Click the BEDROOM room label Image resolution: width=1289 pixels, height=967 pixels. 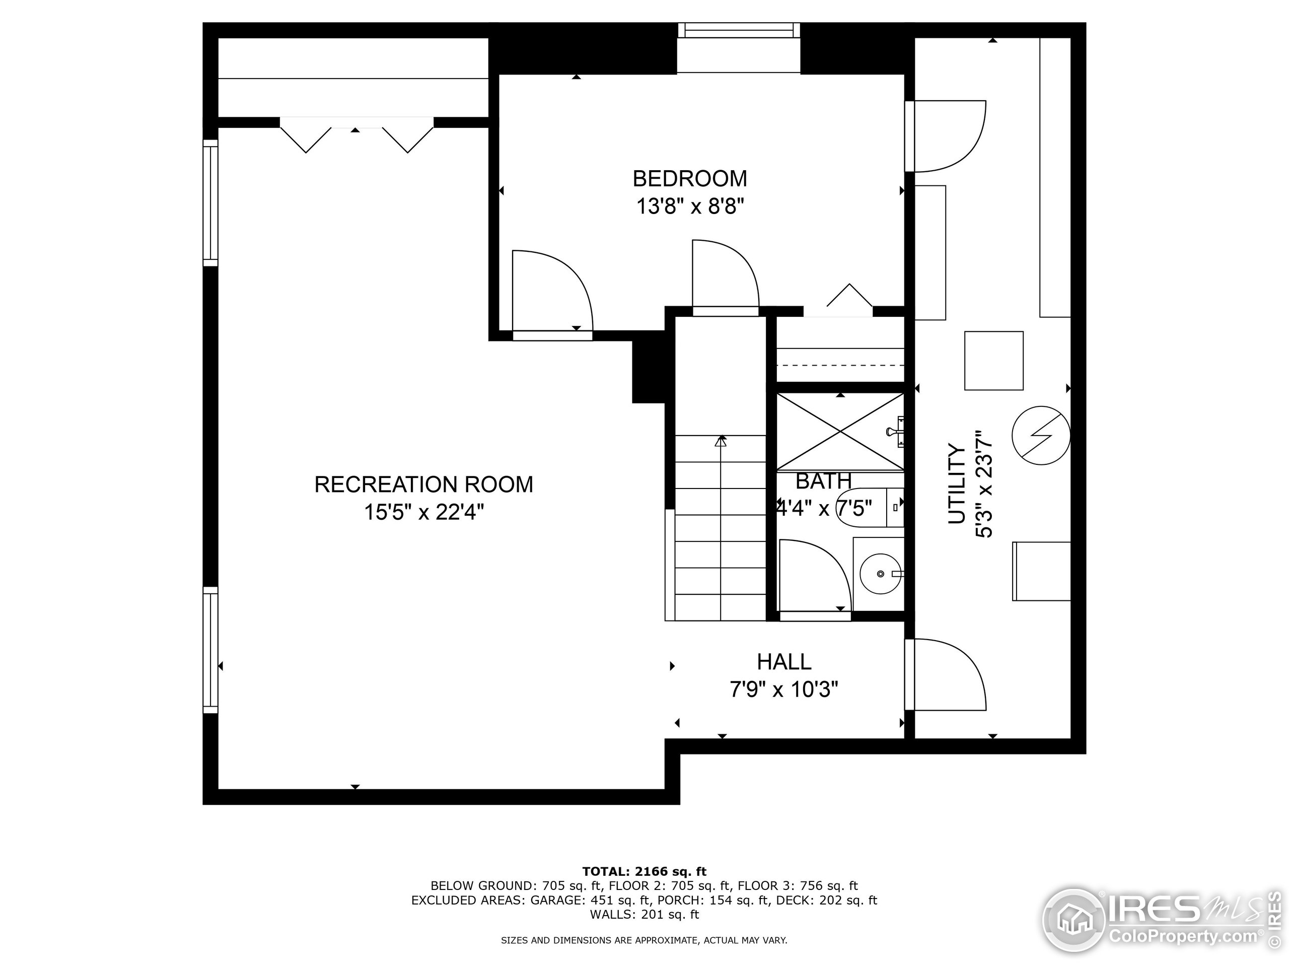click(x=689, y=179)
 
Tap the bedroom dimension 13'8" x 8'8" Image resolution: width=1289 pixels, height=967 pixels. click(x=689, y=206)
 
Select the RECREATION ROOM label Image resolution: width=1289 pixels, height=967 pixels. click(x=423, y=485)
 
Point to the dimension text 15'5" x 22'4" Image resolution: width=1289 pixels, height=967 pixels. click(x=423, y=512)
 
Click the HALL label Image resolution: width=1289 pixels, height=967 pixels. click(x=784, y=662)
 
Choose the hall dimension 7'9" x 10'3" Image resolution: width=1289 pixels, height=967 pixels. click(x=784, y=689)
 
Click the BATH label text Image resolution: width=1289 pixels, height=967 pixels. click(x=823, y=481)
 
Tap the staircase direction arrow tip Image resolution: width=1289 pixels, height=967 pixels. click(x=721, y=441)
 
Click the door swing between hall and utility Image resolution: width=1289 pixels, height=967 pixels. click(x=947, y=674)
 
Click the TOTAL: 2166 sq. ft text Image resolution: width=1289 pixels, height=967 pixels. click(x=644, y=871)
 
